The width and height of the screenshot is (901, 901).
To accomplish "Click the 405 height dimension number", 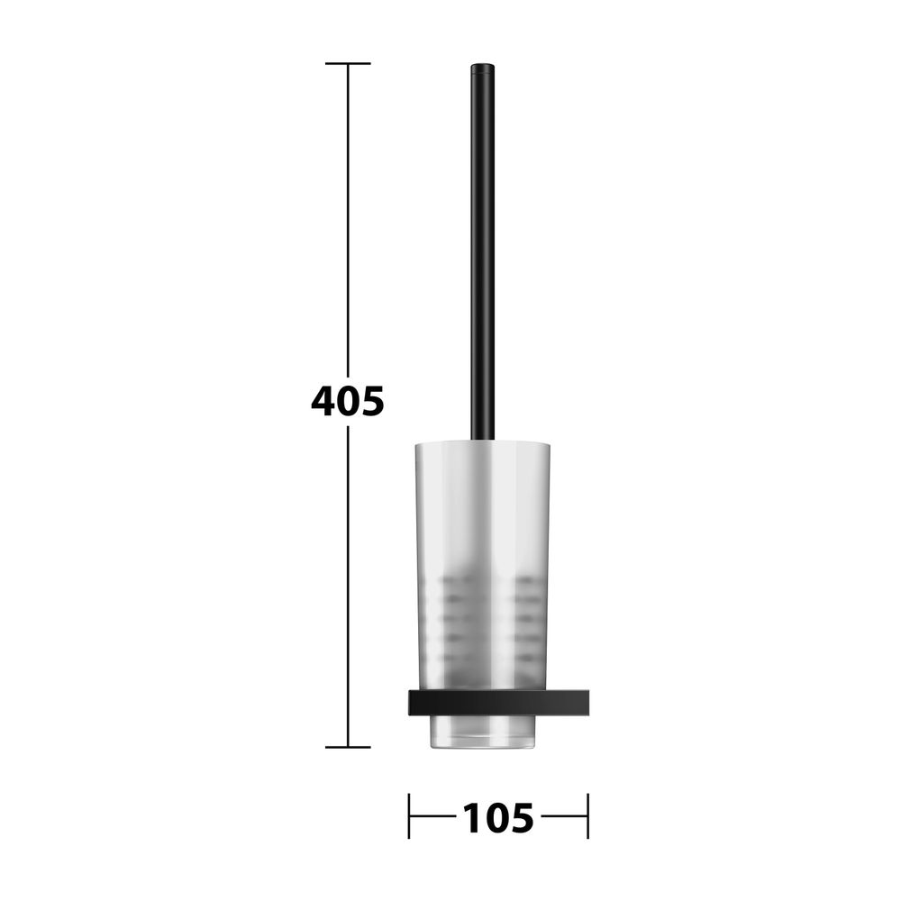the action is (x=348, y=401).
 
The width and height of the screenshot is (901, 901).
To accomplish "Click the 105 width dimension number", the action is (x=497, y=818).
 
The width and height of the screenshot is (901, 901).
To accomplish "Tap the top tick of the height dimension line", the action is (x=348, y=63).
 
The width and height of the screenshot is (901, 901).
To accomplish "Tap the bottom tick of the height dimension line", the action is (x=348, y=747).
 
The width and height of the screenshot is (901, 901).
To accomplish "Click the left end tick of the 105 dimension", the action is (x=409, y=816).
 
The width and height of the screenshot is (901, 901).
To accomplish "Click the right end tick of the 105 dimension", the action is (x=587, y=816).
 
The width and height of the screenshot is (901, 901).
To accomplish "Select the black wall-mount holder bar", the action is (x=499, y=703).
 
